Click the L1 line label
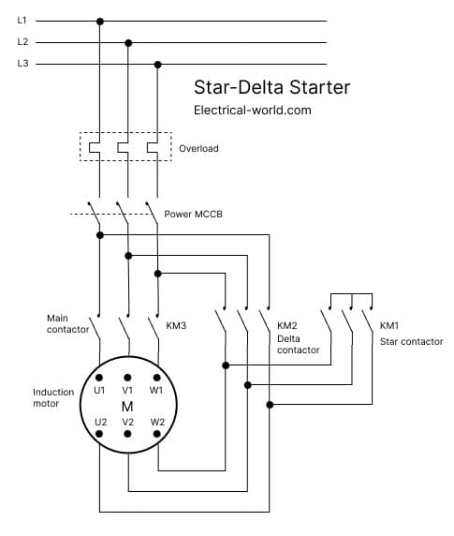22,20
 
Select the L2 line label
22,42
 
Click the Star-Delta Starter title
271,88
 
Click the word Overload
198,148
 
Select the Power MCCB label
193,214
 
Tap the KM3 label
176,326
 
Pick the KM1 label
389,326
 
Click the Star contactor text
411,341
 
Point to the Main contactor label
68,324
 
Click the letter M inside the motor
127,406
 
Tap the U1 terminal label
100,390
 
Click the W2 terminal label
157,422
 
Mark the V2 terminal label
128,422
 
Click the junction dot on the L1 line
100,20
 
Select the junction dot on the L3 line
157,65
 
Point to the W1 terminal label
157,390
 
